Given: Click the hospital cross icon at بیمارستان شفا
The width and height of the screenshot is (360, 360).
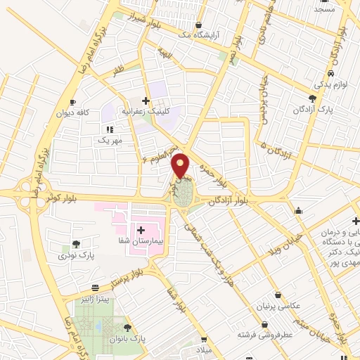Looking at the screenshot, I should (141, 230).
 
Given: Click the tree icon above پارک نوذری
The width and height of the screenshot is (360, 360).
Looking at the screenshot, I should (76, 243).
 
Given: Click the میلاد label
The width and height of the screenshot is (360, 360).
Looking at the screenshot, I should (202, 349).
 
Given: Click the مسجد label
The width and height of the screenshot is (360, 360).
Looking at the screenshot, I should (324, 10).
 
